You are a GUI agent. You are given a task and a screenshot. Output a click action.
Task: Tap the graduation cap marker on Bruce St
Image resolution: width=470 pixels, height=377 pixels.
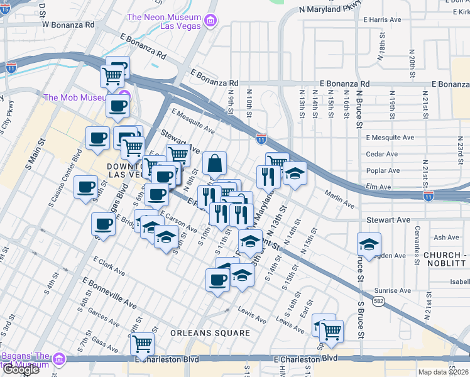[x=369, y=244]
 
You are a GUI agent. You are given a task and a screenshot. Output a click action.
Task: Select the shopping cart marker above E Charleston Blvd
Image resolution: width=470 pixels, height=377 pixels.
[x=143, y=344]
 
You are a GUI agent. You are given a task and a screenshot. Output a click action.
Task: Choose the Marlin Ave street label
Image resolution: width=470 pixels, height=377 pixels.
[x=339, y=200]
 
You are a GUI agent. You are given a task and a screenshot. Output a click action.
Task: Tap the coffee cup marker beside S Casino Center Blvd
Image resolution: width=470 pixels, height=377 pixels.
[x=85, y=187]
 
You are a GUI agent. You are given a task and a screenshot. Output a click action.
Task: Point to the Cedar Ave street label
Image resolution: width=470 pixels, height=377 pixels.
[x=382, y=154]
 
